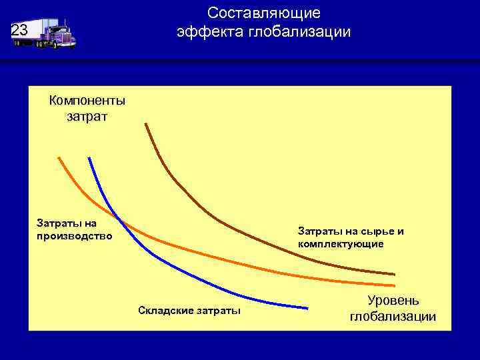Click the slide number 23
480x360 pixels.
(19, 30)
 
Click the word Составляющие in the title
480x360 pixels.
(263, 13)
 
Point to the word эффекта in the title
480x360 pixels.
(211, 31)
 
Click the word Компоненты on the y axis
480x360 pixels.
(87, 101)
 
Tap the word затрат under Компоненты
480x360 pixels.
(87, 117)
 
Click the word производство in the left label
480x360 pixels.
(75, 236)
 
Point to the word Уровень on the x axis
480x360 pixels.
(393, 301)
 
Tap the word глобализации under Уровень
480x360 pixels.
(393, 316)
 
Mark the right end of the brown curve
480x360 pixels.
(394, 274)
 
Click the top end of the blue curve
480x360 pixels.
(89, 158)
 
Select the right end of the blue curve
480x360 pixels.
(308, 307)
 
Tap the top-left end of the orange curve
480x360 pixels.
(59, 158)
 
